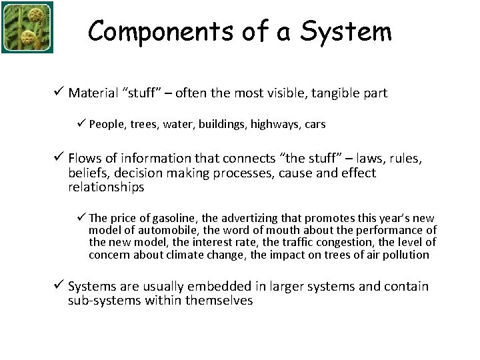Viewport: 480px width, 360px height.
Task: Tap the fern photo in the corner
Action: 27,27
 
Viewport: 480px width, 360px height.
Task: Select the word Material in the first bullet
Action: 93,93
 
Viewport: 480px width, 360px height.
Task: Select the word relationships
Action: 106,187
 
